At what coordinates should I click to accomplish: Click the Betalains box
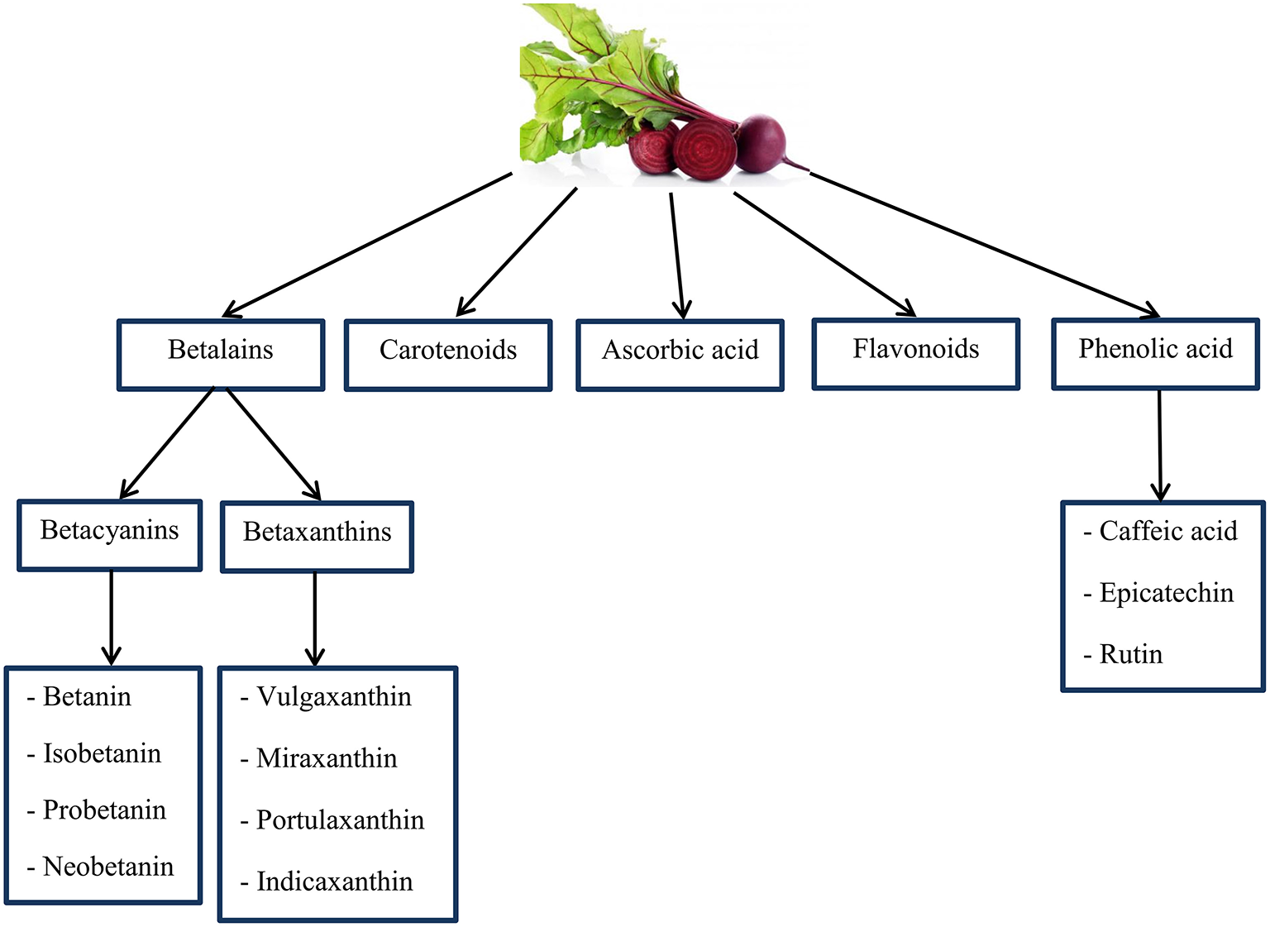pyautogui.click(x=221, y=355)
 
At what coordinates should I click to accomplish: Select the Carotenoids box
pyautogui.click(x=448, y=355)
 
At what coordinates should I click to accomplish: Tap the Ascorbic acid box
pyautogui.click(x=680, y=355)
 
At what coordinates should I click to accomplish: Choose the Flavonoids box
pyautogui.click(x=916, y=353)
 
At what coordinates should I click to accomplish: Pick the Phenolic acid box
pyautogui.click(x=1155, y=353)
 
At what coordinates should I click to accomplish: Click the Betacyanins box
pyautogui.click(x=110, y=534)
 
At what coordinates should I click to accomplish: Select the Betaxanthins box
pyautogui.click(x=317, y=536)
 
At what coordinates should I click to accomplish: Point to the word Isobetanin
pyautogui.click(x=102, y=753)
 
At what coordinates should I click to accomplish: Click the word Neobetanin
pyautogui.click(x=108, y=867)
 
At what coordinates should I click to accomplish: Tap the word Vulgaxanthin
pyautogui.click(x=333, y=696)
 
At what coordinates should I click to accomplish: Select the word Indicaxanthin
pyautogui.click(x=334, y=882)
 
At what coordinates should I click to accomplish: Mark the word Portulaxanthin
pyautogui.click(x=340, y=819)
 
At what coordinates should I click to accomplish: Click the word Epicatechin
pyautogui.click(x=1166, y=593)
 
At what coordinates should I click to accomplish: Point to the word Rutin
pyautogui.click(x=1130, y=654)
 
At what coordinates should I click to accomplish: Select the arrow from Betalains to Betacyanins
pyautogui.click(x=168, y=444)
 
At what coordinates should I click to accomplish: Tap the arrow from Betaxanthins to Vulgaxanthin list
pyautogui.click(x=315, y=619)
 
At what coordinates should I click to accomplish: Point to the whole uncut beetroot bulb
pyautogui.click(x=760, y=142)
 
